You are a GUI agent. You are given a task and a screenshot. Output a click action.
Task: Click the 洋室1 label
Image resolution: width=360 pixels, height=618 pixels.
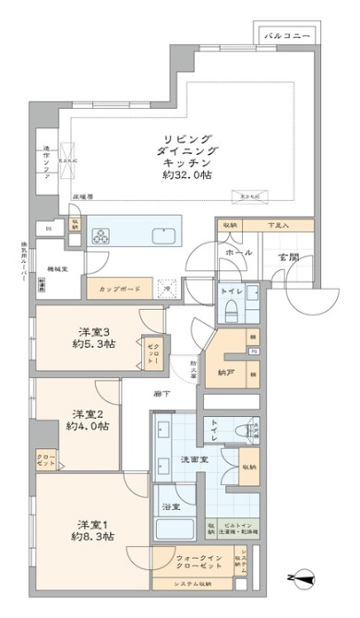[x=90, y=521]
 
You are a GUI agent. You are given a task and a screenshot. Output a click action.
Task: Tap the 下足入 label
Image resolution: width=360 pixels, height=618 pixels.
[x=278, y=224]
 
